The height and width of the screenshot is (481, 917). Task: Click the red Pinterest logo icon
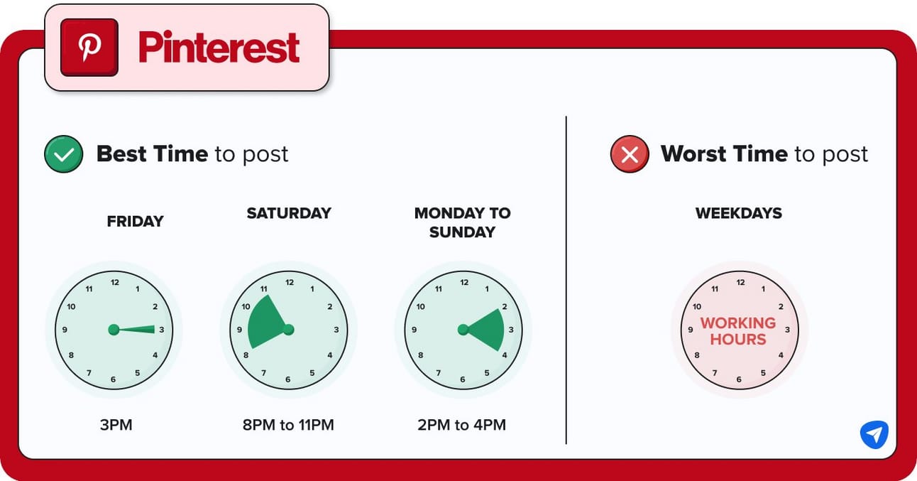89,47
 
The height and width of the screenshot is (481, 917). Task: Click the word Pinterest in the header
219,48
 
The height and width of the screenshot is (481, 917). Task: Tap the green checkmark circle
63,154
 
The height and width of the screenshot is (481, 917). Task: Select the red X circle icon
630,154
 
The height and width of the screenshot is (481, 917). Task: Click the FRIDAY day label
135,221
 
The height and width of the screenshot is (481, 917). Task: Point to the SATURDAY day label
289,213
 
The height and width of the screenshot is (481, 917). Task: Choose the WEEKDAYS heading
739,213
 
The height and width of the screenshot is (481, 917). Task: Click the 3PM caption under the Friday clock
116,425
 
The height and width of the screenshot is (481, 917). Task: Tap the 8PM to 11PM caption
288,425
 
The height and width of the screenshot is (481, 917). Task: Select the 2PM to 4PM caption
462,425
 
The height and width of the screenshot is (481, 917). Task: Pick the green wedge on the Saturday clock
266,324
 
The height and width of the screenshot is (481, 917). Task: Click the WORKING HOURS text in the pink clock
738,331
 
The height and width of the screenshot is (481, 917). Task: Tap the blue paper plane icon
874,434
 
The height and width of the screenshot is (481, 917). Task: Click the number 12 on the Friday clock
115,282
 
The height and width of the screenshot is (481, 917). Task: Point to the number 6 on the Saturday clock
287,379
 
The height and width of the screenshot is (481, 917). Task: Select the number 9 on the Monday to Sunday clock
414,330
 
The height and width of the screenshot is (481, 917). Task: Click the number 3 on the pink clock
787,330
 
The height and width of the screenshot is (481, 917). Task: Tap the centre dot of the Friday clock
114,330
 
